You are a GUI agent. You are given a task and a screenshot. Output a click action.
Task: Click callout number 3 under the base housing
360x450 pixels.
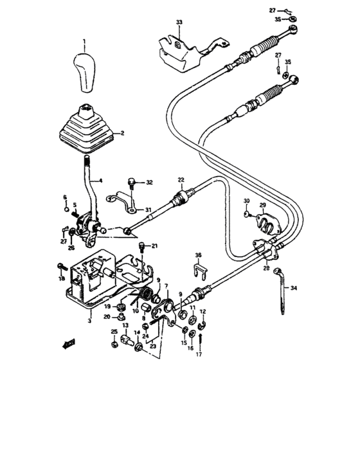tap(90, 319)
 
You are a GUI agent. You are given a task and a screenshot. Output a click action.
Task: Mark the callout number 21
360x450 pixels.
tap(154, 246)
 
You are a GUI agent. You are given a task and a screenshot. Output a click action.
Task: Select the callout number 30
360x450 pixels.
tap(246, 202)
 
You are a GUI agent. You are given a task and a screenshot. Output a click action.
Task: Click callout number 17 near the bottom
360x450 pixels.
tap(199, 354)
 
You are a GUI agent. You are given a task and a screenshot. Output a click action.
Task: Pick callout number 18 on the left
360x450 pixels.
tap(62, 279)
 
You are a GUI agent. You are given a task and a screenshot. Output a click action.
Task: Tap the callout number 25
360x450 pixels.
tap(114, 332)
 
